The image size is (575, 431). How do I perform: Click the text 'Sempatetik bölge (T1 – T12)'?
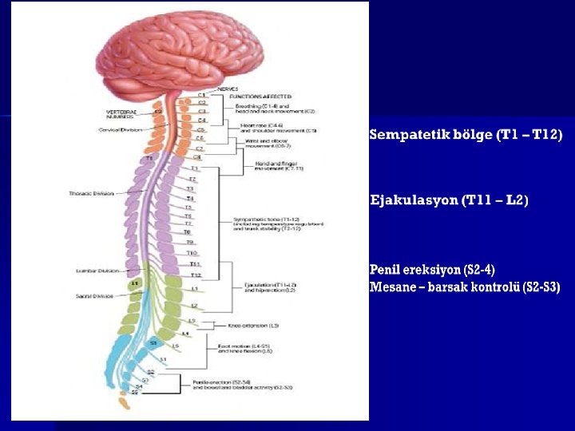(x=466, y=135)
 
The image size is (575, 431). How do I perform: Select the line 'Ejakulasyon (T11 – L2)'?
(x=449, y=200)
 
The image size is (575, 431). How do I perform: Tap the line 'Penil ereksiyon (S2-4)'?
(x=438, y=271)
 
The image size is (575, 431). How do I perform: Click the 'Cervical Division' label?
(x=120, y=129)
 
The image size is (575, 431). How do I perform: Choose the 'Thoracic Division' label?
(x=91, y=193)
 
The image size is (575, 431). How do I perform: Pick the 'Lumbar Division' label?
(x=97, y=271)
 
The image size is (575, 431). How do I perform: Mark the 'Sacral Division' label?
(x=95, y=295)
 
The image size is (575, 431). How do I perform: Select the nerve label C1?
(x=202, y=95)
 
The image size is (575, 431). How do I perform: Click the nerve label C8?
(x=197, y=157)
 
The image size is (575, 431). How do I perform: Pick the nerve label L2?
(x=194, y=306)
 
